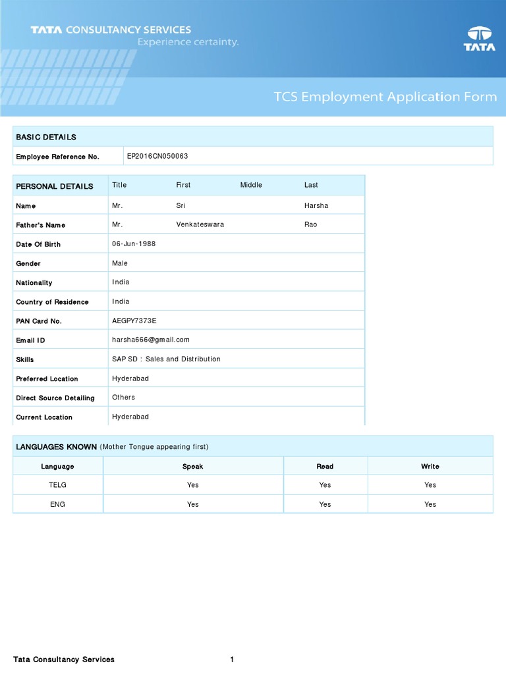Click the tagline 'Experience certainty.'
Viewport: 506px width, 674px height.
click(188, 42)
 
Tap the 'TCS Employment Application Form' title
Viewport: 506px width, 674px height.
click(385, 97)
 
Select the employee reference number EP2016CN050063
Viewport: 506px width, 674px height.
click(157, 156)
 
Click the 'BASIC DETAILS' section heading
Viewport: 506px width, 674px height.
click(46, 137)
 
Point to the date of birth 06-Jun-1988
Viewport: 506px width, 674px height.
click(134, 244)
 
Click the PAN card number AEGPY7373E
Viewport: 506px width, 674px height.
click(134, 321)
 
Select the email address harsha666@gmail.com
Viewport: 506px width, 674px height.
click(151, 340)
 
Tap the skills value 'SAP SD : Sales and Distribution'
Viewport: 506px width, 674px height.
click(166, 359)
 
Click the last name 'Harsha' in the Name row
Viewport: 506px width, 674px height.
click(316, 205)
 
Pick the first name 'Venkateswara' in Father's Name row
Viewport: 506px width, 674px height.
click(200, 224)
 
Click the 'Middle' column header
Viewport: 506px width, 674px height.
click(251, 185)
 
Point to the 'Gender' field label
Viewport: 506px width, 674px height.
click(28, 263)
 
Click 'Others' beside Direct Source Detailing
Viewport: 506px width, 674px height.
click(123, 397)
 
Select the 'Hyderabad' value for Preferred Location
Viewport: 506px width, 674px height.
click(130, 378)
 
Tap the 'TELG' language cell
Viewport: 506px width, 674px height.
click(58, 485)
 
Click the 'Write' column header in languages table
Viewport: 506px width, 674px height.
click(430, 466)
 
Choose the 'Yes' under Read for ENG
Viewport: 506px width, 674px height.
click(325, 504)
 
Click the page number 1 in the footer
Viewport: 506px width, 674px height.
click(232, 660)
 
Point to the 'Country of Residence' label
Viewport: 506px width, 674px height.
click(52, 302)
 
